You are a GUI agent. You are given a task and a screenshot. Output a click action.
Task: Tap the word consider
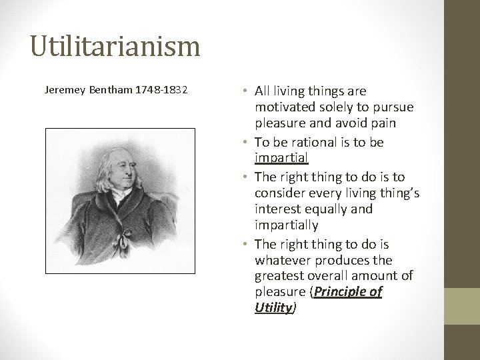[279, 192]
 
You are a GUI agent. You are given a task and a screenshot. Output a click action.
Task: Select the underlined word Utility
[273, 307]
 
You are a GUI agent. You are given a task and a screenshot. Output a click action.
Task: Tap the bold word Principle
[339, 292]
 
